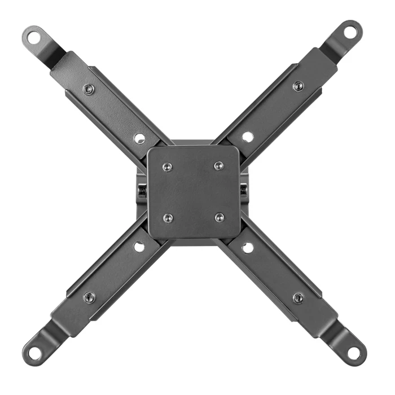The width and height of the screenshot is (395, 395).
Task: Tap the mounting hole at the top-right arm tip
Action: tap(350, 32)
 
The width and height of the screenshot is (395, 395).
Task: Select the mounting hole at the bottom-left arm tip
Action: tap(35, 353)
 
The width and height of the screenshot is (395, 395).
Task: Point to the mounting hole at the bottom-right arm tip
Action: tap(354, 353)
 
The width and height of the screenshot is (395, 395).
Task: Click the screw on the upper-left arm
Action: tap(89, 89)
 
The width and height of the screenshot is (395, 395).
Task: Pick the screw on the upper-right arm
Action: tap(298, 86)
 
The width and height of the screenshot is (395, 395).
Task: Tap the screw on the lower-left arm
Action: tap(89, 297)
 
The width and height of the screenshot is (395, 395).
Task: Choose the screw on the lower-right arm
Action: tap(298, 297)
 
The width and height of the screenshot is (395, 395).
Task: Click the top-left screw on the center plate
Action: tap(167, 166)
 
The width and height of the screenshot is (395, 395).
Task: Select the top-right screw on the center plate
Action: tap(219, 166)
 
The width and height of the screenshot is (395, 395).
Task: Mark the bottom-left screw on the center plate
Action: tap(168, 217)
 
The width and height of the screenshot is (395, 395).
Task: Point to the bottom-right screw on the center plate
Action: tap(220, 217)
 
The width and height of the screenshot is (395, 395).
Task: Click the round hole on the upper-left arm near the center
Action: tap(139, 138)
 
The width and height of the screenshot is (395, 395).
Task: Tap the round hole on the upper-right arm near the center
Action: tap(247, 137)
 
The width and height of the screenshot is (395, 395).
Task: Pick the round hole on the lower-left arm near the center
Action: tap(139, 247)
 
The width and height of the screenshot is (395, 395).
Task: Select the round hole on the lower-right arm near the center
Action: tap(247, 247)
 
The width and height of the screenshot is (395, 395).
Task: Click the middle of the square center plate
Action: tap(194, 192)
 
